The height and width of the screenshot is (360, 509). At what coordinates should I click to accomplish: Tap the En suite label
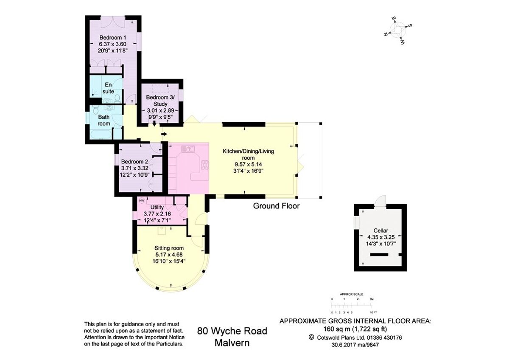(109, 88)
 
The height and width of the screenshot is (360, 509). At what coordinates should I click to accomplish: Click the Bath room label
(104, 120)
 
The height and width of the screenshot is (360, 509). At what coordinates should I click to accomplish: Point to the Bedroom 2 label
(134, 161)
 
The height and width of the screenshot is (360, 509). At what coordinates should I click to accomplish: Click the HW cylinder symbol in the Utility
(142, 200)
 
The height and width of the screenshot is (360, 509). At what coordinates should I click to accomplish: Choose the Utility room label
(160, 207)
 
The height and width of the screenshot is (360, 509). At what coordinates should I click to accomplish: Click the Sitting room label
(169, 248)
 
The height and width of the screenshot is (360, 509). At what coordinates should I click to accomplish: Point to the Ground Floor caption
(276, 206)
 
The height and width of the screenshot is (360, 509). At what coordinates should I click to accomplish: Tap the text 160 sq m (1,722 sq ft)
(355, 329)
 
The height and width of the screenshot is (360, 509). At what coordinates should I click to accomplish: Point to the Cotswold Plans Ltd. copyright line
(355, 337)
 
